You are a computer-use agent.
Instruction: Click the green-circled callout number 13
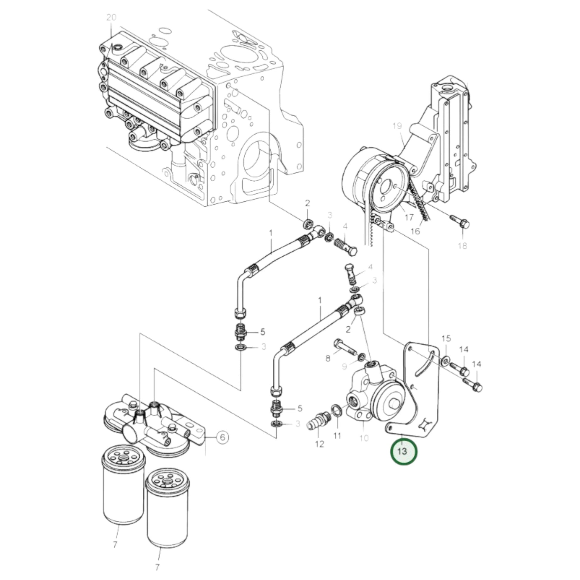[403, 459]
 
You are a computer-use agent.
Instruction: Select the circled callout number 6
[222, 437]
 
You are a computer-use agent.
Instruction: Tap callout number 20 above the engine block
[111, 17]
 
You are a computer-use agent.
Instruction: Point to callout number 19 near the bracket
[397, 125]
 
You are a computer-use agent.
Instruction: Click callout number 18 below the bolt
[463, 246]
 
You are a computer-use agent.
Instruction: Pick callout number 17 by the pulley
[409, 217]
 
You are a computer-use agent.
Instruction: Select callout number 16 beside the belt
[415, 231]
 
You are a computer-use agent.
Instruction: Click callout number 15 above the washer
[446, 339]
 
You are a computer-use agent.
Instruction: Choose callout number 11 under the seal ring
[337, 435]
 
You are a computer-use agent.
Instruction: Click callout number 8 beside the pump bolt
[328, 358]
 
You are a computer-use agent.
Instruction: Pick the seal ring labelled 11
[337, 410]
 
